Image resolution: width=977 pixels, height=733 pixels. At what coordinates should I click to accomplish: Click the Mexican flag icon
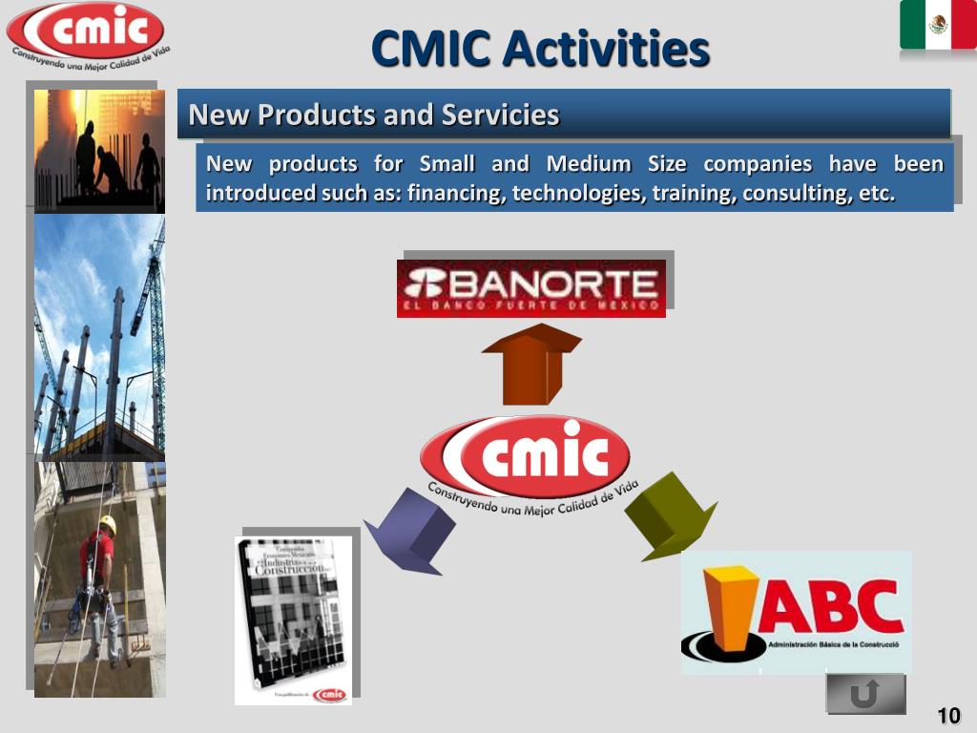(x=937, y=26)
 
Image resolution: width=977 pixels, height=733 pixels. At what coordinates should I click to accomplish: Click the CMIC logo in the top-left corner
(x=86, y=34)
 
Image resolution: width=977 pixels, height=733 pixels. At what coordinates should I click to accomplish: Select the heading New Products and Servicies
(x=374, y=115)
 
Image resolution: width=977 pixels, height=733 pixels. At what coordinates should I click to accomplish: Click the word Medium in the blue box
(x=589, y=164)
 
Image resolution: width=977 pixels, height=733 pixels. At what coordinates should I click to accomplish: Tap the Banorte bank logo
(x=531, y=287)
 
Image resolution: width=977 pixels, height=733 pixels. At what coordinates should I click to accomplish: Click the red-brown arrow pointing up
(x=530, y=364)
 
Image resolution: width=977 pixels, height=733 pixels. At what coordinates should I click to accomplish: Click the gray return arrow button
(x=865, y=694)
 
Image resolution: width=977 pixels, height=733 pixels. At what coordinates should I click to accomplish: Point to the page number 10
(x=948, y=716)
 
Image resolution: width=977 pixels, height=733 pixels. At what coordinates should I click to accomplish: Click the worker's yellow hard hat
(x=108, y=523)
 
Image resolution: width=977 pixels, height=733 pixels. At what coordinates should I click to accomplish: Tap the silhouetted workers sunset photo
(x=99, y=150)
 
